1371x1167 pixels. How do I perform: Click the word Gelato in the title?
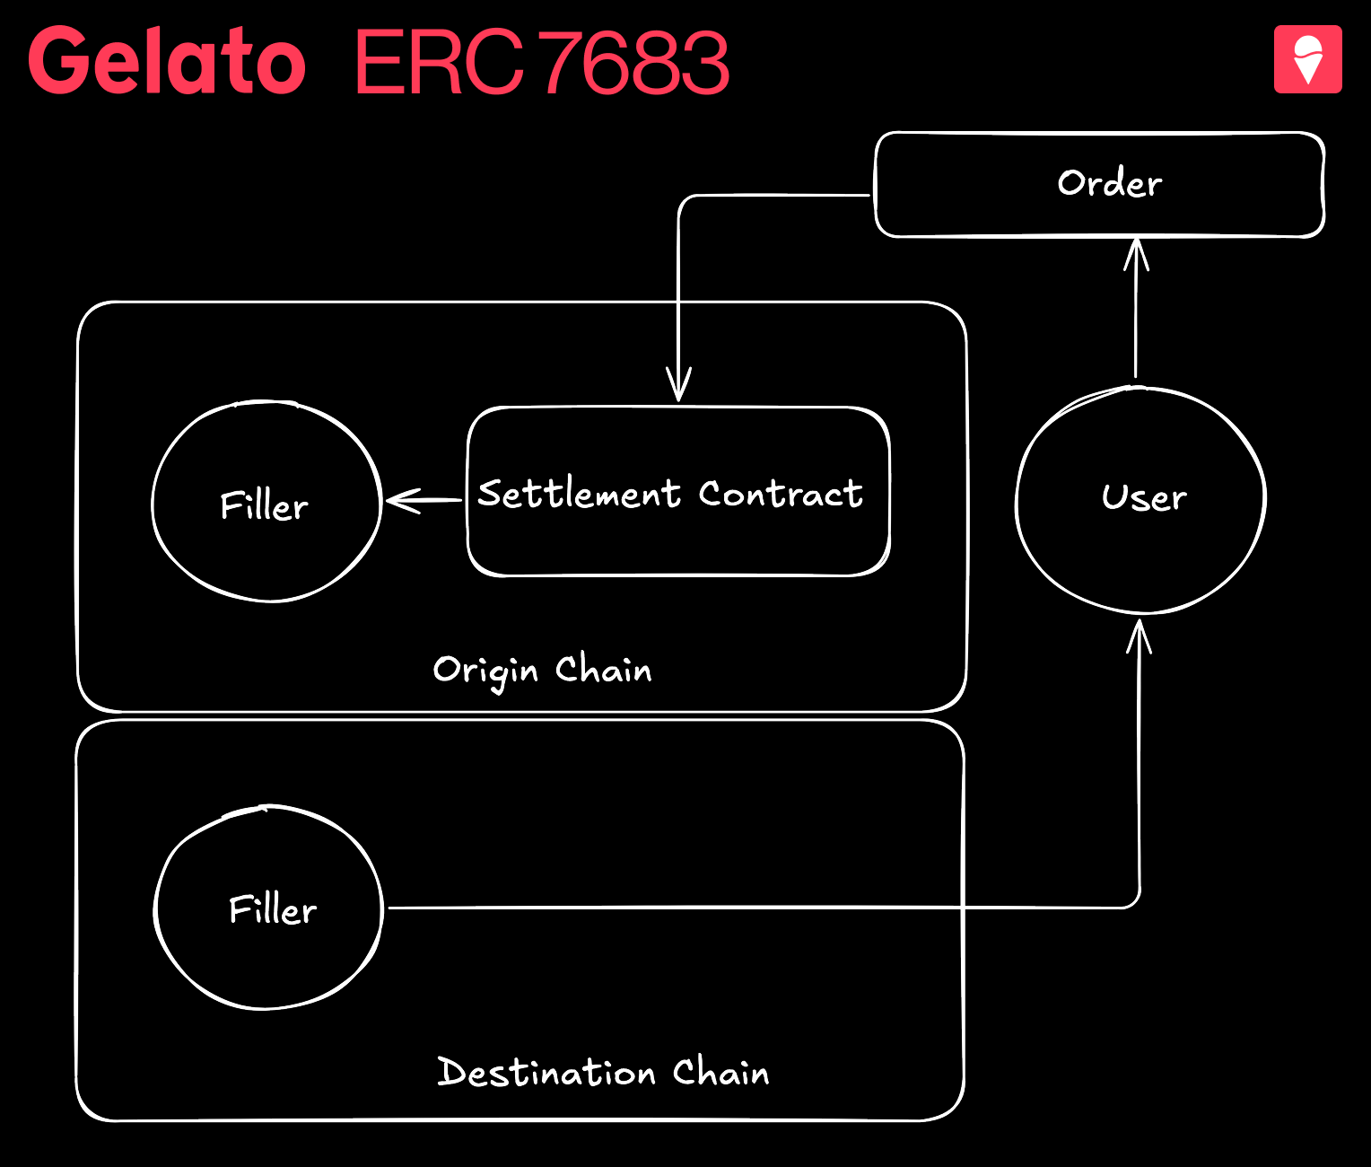167,60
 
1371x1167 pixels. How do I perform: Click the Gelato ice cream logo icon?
1307,59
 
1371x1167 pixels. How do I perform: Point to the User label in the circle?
1144,497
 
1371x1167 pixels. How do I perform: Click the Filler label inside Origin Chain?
264,506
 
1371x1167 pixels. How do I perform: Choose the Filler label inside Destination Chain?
273,909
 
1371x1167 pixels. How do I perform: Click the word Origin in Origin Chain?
485,671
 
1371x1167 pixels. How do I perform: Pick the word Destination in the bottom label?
546,1072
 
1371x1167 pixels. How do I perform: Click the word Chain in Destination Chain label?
721,1072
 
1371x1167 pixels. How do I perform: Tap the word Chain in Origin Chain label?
604,670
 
